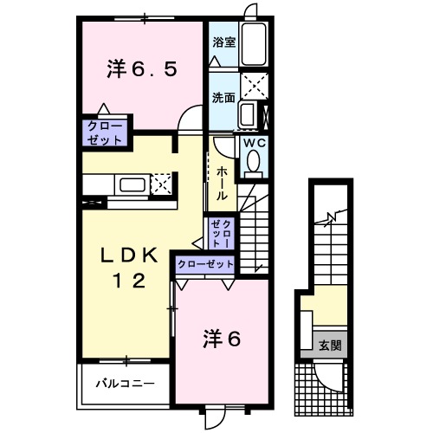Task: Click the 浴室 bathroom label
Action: point(223,42)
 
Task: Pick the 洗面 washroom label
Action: point(223,97)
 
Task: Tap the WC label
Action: point(254,143)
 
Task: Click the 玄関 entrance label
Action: point(330,346)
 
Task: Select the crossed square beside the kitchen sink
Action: point(161,183)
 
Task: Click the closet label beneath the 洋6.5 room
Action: point(104,132)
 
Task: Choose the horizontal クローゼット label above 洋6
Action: point(206,264)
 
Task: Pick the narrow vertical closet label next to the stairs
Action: point(219,233)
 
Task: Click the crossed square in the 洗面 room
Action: point(254,87)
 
